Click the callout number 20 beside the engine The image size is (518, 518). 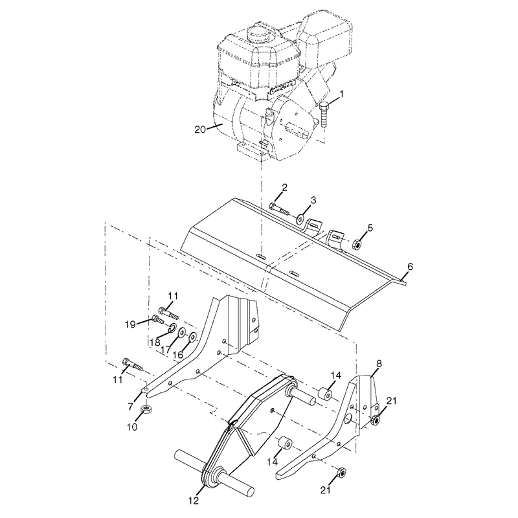200,129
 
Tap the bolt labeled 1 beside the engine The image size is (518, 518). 324,114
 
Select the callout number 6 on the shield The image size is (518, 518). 410,267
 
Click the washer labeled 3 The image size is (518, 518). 301,219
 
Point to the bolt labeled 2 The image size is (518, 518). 279,208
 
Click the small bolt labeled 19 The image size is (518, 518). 158,319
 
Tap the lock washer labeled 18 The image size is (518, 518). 172,328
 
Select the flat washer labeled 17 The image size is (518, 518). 181,333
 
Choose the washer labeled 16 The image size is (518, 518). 192,337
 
